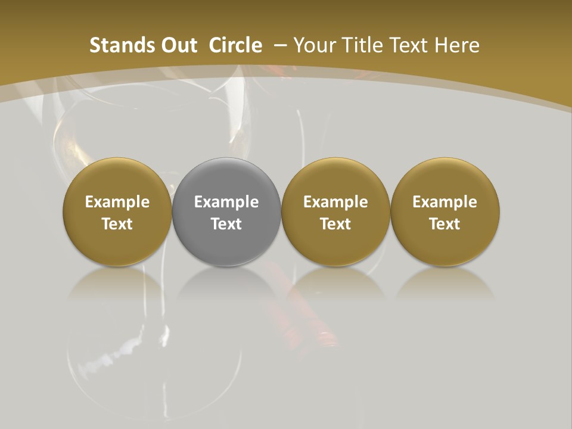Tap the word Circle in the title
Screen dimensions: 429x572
click(235, 45)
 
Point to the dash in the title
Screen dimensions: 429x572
click(281, 45)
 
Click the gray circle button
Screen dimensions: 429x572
click(226, 212)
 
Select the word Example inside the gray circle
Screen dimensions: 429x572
click(226, 202)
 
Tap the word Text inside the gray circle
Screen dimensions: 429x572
click(226, 224)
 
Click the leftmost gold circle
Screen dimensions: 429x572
click(117, 212)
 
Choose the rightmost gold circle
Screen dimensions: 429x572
click(444, 212)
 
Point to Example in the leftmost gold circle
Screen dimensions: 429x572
click(117, 202)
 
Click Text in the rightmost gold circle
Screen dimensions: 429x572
click(444, 224)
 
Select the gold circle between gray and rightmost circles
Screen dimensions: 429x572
click(335, 212)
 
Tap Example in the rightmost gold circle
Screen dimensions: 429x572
click(444, 202)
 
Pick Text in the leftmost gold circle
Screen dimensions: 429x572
click(117, 224)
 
